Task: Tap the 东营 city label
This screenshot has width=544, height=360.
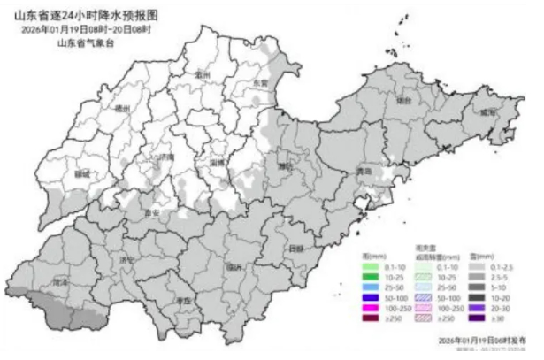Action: point(260,81)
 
